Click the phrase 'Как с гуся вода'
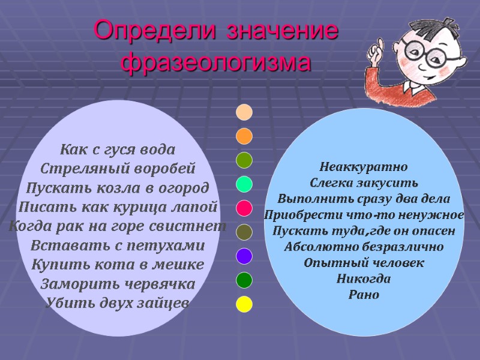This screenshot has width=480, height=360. [x=118, y=149]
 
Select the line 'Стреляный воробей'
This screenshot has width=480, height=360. [x=118, y=168]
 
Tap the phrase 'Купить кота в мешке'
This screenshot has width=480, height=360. [x=118, y=265]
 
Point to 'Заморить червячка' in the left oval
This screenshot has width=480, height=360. [x=118, y=284]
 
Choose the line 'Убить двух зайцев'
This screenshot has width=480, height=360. [x=118, y=303]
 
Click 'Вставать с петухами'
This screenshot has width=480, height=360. [x=118, y=245]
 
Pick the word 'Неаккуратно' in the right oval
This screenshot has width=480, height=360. [x=364, y=166]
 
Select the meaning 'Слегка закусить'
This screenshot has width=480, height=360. [x=364, y=182]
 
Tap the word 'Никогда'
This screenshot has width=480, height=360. [x=364, y=279]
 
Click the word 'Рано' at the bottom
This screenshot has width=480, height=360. [x=364, y=295]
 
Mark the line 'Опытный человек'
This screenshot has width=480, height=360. [x=364, y=263]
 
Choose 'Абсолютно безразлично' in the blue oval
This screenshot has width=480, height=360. [x=364, y=247]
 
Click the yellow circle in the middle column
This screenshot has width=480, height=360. [x=244, y=304]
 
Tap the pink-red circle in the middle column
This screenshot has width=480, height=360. [x=244, y=208]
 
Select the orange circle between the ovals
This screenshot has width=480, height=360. [x=244, y=136]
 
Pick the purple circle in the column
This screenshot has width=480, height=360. [x=244, y=256]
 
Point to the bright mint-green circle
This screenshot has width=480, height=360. [x=244, y=184]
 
